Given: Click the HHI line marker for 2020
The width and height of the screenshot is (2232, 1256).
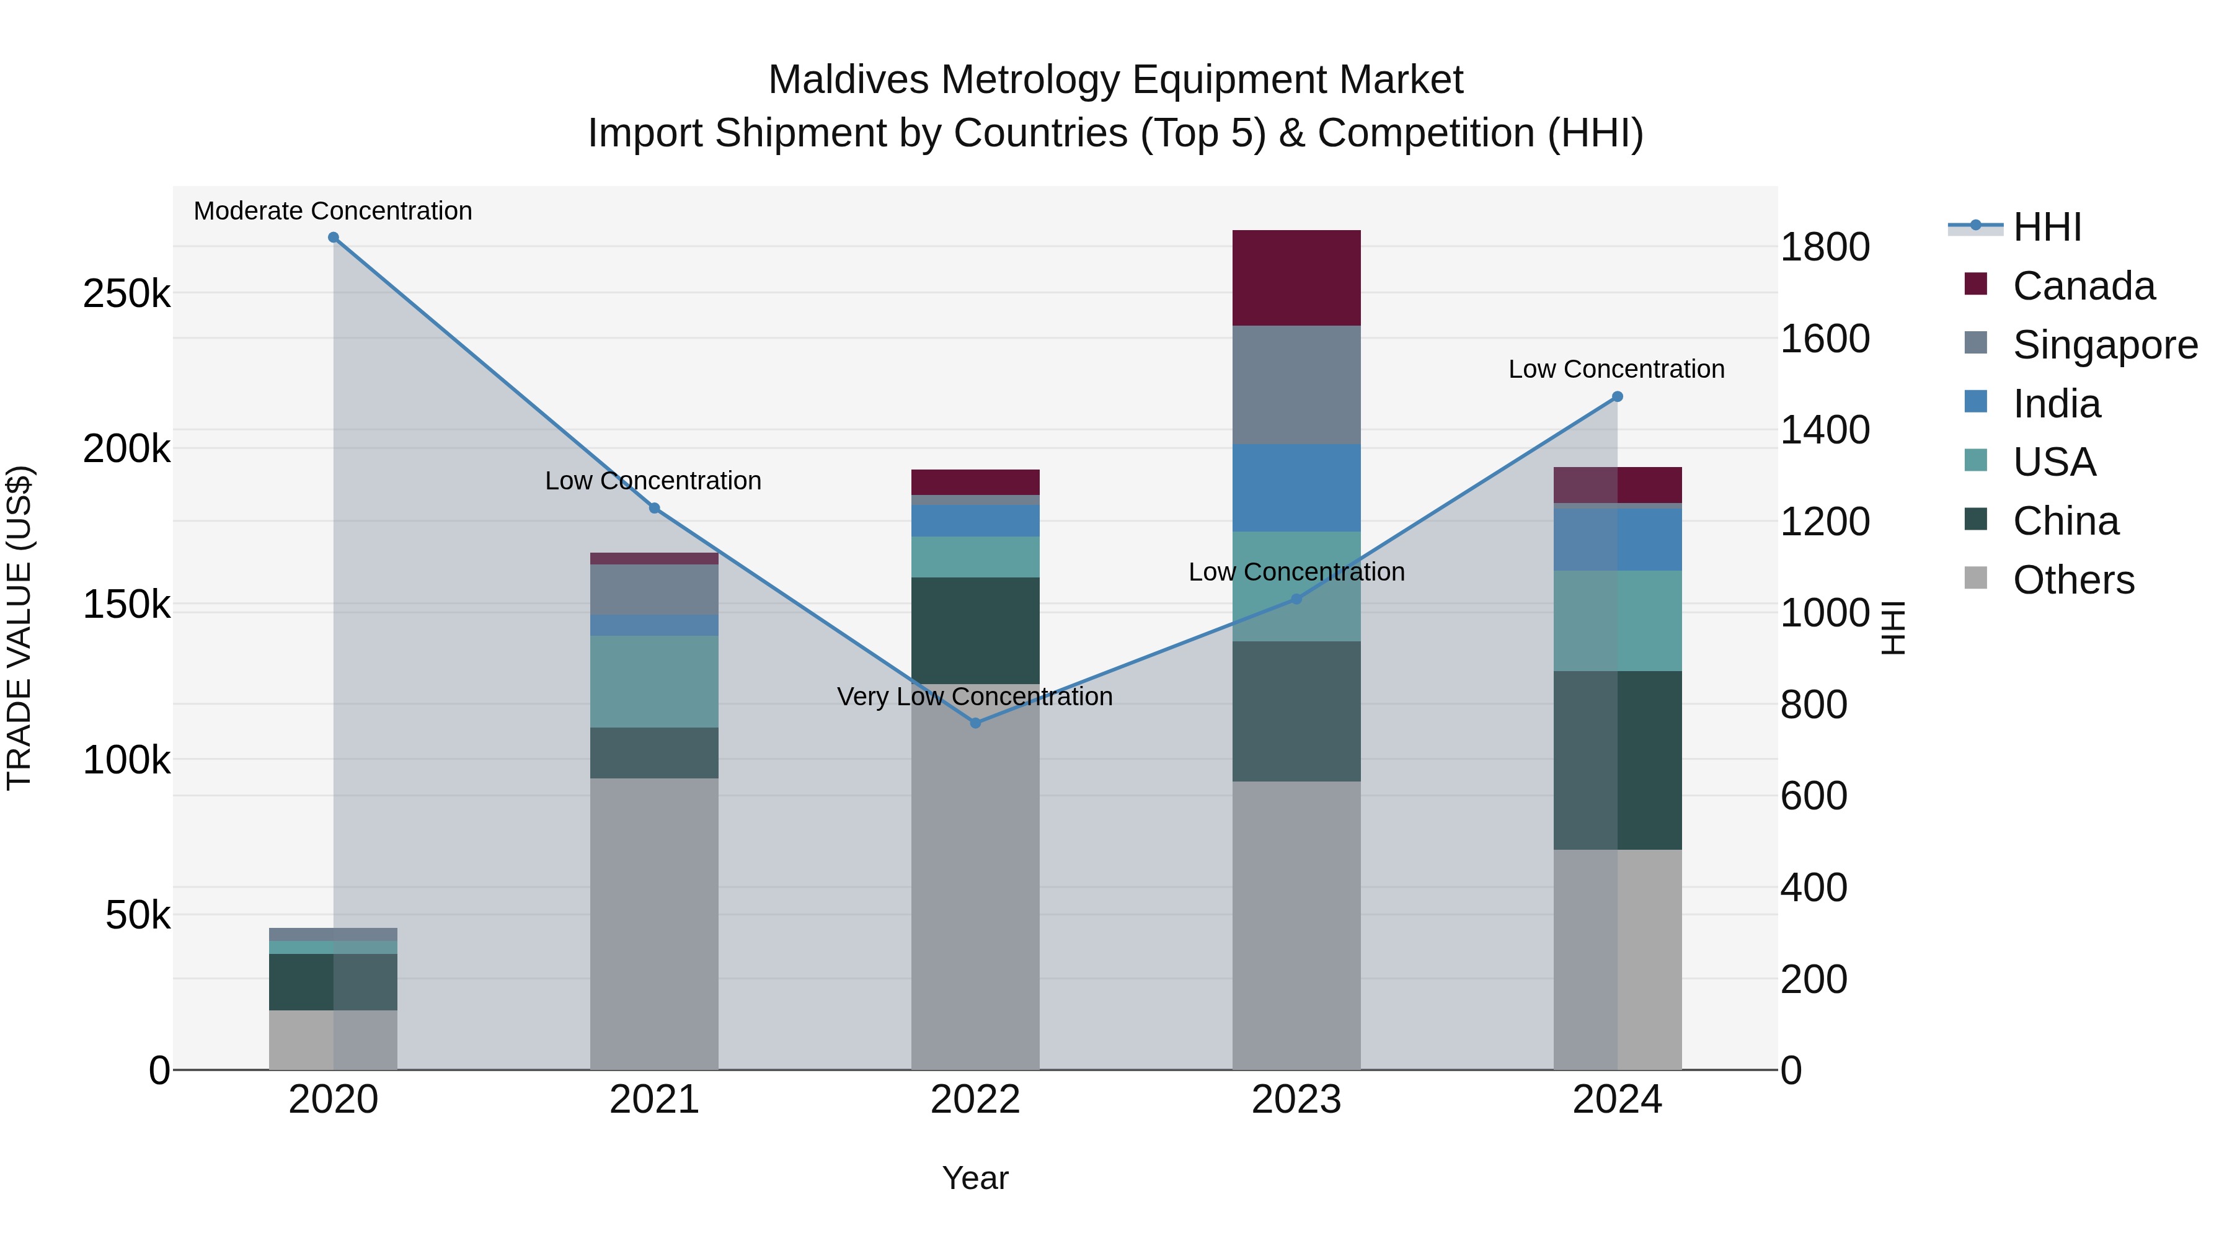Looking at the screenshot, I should pyautogui.click(x=334, y=238).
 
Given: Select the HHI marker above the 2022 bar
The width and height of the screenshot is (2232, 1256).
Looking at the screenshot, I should pyautogui.click(x=976, y=723).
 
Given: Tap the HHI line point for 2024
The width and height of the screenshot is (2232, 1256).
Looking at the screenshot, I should pyautogui.click(x=1617, y=397).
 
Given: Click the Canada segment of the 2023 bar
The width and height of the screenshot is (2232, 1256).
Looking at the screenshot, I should pyautogui.click(x=1296, y=278).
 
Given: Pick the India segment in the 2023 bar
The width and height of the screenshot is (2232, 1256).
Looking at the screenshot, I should pyautogui.click(x=1296, y=488).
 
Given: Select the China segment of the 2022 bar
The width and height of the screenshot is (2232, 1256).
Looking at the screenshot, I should pyautogui.click(x=976, y=630).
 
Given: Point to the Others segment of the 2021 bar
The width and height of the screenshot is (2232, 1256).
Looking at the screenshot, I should pyautogui.click(x=654, y=923).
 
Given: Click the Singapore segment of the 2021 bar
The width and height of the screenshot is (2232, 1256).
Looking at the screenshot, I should pyautogui.click(x=654, y=589).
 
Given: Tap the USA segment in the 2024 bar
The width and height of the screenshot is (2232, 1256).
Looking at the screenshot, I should pyautogui.click(x=1617, y=621).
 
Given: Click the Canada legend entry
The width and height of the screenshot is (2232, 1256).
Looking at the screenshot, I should pyautogui.click(x=2083, y=286).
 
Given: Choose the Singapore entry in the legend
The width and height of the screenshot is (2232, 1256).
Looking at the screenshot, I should pyautogui.click(x=2104, y=345).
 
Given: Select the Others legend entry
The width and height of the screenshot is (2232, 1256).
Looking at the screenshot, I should pyautogui.click(x=2073, y=580).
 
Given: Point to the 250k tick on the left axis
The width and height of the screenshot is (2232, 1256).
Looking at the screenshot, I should pyautogui.click(x=126, y=294).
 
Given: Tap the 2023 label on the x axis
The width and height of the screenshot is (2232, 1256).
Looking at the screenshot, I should pyautogui.click(x=1296, y=1100).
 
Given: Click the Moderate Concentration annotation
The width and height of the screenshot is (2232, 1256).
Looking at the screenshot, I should pyautogui.click(x=333, y=211).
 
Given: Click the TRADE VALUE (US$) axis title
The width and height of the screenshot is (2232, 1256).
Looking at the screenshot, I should pyautogui.click(x=19, y=628).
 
